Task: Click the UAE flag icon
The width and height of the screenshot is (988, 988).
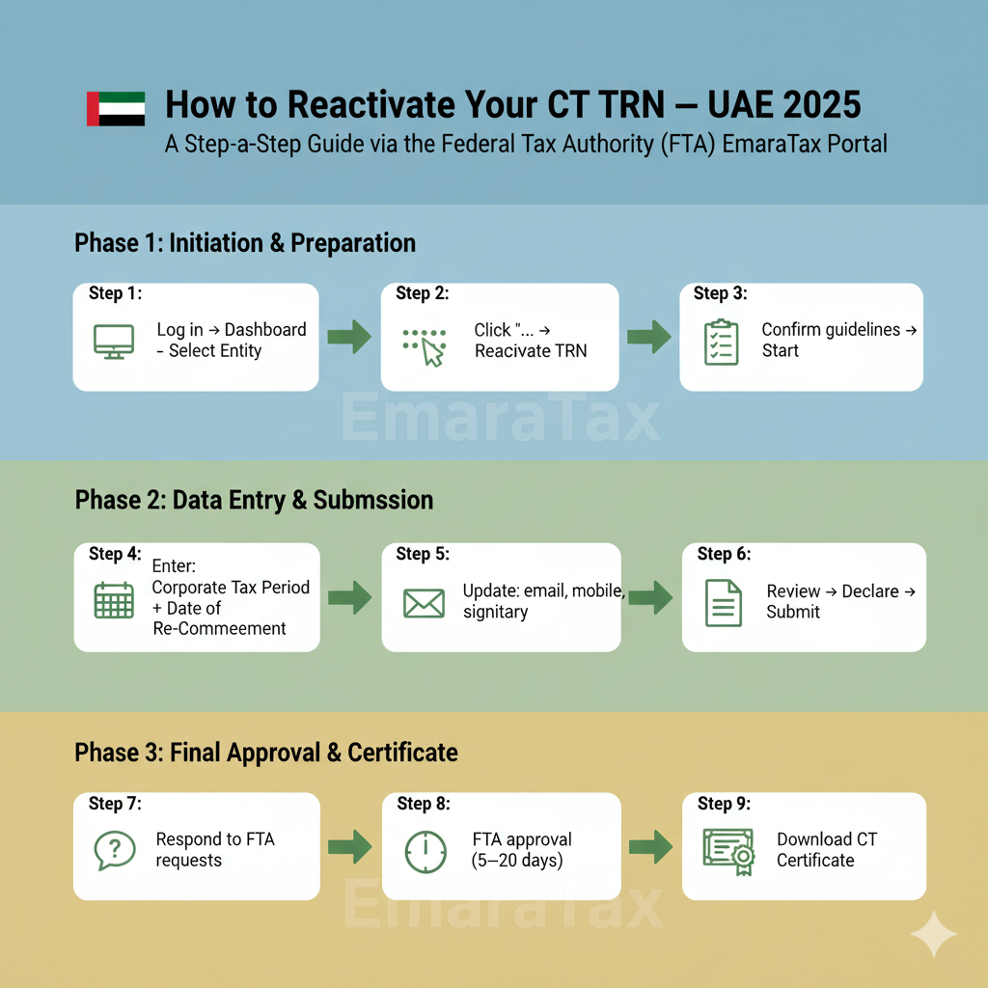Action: coord(116,109)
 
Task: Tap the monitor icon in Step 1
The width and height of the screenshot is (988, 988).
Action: coord(114,342)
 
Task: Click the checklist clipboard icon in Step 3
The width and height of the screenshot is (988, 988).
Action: coord(721,343)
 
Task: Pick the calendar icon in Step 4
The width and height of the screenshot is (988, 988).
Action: coord(114,600)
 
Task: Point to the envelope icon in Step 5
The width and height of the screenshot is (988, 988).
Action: coord(424,603)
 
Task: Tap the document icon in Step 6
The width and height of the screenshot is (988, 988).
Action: coord(724,602)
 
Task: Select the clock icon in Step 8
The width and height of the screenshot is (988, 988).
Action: coord(425,851)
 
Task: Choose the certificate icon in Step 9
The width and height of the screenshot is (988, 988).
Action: coord(728,850)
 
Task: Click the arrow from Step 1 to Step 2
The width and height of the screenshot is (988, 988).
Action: coord(349,338)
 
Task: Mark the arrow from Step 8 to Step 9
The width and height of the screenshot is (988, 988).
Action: coord(650,848)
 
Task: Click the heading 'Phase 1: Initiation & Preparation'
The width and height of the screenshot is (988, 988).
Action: coord(245,243)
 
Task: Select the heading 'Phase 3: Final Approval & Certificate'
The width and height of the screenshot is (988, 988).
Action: coord(266,753)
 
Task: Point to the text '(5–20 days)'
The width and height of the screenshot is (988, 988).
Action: coord(518,861)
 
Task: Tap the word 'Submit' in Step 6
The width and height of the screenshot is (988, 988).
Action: coord(793,612)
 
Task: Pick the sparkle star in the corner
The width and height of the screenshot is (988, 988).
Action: coord(933,933)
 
